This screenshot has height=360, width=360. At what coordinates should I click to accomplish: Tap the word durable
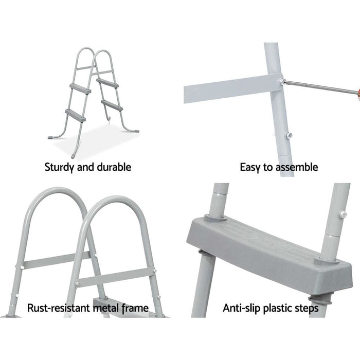[x=114, y=167]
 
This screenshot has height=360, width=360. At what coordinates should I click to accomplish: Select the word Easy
[x=250, y=167]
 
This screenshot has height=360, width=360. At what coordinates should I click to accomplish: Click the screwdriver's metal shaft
[x=319, y=87]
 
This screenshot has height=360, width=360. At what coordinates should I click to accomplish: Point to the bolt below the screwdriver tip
[x=289, y=135]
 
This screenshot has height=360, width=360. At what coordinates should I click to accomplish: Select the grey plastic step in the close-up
[x=257, y=244]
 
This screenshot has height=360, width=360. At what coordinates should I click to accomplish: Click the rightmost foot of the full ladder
[x=132, y=131]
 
